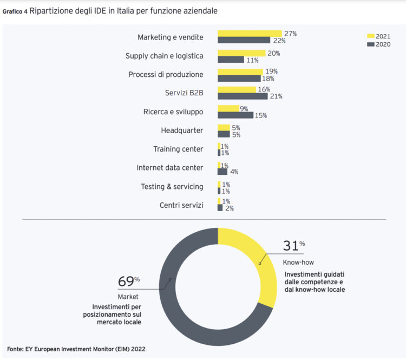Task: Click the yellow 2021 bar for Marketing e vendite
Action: click(250, 34)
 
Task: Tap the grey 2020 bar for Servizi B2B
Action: click(243, 96)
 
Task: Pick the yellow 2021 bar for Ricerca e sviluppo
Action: click(228, 108)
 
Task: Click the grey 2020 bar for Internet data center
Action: click(222, 172)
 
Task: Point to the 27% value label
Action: click(290, 34)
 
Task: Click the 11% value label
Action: click(252, 60)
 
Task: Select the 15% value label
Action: click(260, 115)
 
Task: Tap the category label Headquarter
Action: click(182, 130)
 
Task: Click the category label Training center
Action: click(178, 149)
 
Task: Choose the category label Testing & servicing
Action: click(172, 187)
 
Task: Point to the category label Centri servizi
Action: click(181, 205)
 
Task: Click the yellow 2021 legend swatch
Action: click(371, 36)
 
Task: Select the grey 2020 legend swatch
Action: click(371, 44)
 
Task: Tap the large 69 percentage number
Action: click(126, 282)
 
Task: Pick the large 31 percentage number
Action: click(291, 246)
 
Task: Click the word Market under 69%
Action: click(128, 297)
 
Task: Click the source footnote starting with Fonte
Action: click(76, 349)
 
